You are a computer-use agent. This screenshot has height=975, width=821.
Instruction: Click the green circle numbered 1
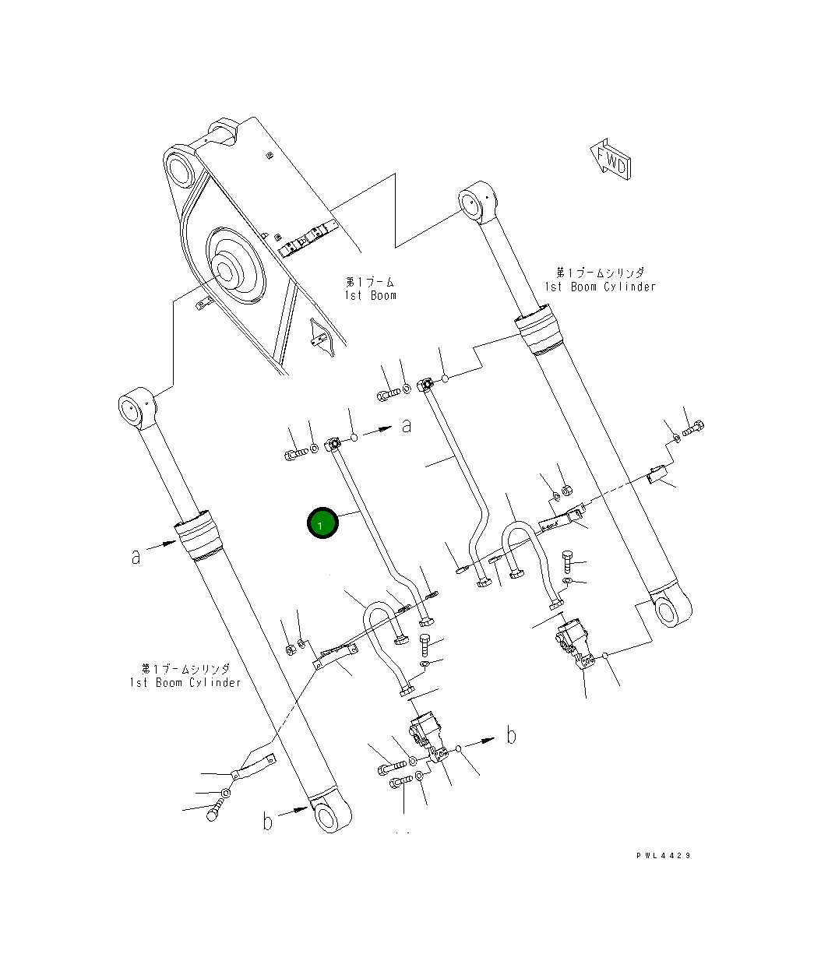pos(322,523)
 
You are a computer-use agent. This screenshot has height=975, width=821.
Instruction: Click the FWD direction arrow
pos(611,159)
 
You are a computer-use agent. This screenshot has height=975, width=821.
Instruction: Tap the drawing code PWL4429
pos(663,855)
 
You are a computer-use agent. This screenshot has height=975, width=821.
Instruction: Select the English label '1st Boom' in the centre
pos(370,296)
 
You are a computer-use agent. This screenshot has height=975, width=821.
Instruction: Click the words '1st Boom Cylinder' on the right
pos(600,287)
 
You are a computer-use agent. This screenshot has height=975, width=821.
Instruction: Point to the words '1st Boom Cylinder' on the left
pos(185,683)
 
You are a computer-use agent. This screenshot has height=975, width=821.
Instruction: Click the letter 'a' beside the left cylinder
pos(136,557)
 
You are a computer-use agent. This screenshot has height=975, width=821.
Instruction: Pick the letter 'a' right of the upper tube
pos(407,425)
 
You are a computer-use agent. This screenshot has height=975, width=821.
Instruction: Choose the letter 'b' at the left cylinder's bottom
pos(267,821)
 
